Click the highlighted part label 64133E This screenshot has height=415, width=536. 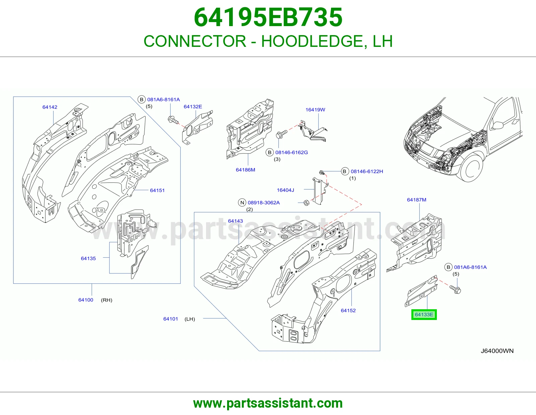click(x=424, y=315)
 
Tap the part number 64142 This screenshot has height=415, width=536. click(x=50, y=107)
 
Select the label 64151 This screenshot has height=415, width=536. click(x=157, y=190)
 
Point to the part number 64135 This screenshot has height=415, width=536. click(x=88, y=258)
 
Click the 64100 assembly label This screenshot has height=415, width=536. click(x=85, y=300)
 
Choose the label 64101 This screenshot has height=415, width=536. click(x=171, y=319)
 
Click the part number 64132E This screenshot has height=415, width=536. click(x=193, y=106)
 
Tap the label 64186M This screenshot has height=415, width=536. click(x=246, y=170)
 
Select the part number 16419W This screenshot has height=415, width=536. click(x=315, y=109)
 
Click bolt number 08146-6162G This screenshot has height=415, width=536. click(x=291, y=152)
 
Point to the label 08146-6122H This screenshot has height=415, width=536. click(x=367, y=171)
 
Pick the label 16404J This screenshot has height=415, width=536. click(x=285, y=190)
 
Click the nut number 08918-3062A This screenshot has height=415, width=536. click(x=264, y=202)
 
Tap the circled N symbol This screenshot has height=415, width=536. click(x=242, y=202)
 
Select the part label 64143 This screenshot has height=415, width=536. click(x=235, y=221)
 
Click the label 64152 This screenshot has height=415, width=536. click(x=348, y=310)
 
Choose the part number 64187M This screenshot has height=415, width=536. click(x=416, y=199)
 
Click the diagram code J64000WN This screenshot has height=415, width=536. click(x=497, y=351)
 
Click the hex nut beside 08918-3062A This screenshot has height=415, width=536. click(x=306, y=203)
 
